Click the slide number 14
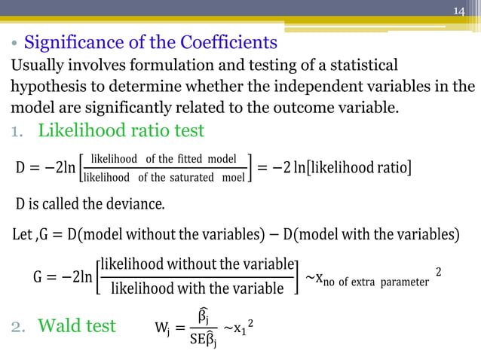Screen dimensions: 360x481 (x=460, y=11)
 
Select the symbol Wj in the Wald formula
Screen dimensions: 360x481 (x=162, y=328)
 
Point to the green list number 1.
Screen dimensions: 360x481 (x=16, y=131)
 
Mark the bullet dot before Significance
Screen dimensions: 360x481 (x=14, y=43)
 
